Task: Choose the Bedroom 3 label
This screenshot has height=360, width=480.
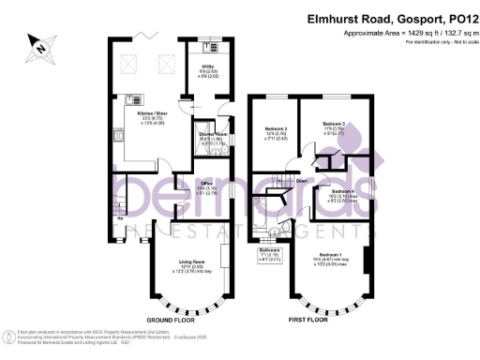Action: coord(335,124)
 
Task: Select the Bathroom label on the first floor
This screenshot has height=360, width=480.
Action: coord(269,251)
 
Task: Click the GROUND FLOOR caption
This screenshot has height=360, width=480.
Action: coord(176,320)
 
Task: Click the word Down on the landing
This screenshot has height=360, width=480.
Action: coord(302,181)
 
